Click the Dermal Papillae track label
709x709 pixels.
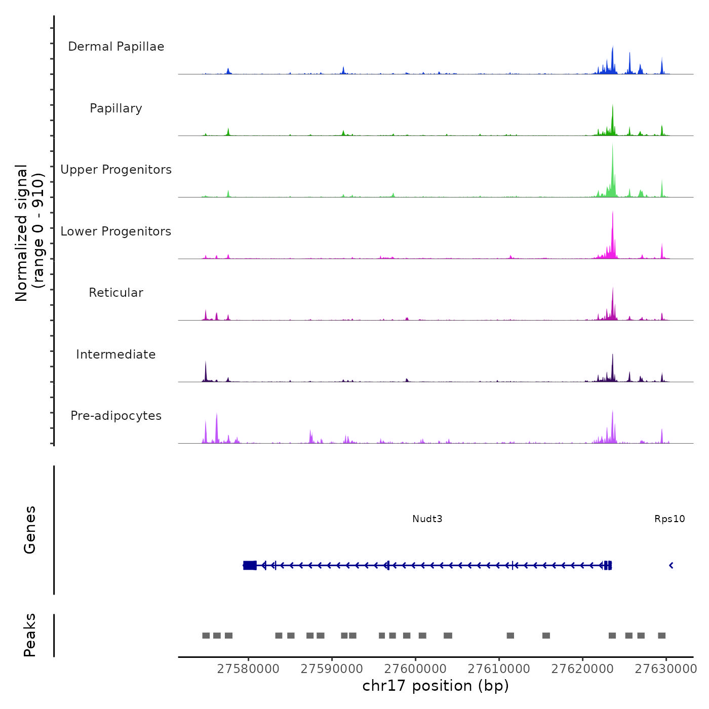[x=116, y=47]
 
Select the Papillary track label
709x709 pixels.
[x=116, y=108]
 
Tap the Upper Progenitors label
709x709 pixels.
[x=116, y=170]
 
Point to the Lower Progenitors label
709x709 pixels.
[x=116, y=231]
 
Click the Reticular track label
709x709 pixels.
[x=116, y=293]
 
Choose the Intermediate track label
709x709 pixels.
[x=116, y=354]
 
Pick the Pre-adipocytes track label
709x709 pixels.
[x=116, y=416]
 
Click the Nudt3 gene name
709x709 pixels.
[x=427, y=519]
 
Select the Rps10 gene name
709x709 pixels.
[x=669, y=519]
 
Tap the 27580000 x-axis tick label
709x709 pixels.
[x=248, y=669]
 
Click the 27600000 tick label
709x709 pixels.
[x=415, y=669]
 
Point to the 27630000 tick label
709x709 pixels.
[x=666, y=669]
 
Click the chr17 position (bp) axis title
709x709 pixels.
[x=436, y=686]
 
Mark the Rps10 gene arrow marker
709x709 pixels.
[x=671, y=565]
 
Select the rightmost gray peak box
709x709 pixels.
[x=661, y=636]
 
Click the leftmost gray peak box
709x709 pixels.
[x=206, y=636]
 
